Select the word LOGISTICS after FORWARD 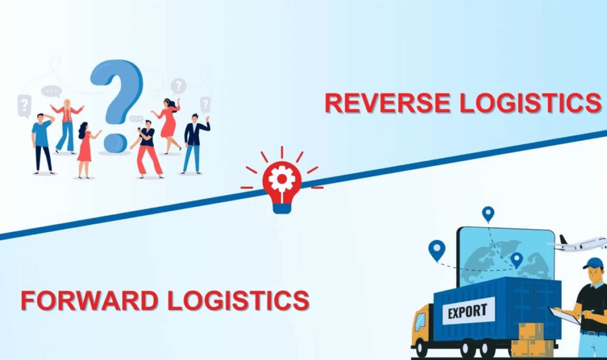point(238,300)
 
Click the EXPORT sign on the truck point(468,310)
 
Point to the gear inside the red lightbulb point(282,176)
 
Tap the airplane point(581,243)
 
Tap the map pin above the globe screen point(488,214)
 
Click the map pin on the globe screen point(516,259)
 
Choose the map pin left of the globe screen point(437,250)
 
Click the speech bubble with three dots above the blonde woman point(52,92)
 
